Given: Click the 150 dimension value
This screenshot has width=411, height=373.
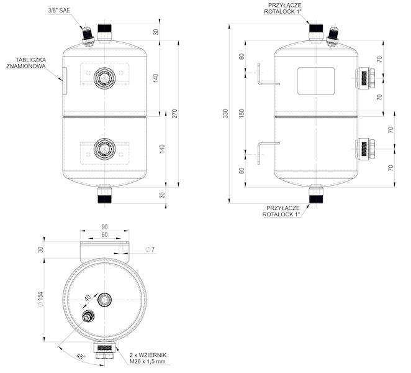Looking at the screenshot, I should (242, 113).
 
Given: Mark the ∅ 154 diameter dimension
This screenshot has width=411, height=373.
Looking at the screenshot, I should (42, 300).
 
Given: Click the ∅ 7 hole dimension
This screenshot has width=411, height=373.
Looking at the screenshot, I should (149, 249).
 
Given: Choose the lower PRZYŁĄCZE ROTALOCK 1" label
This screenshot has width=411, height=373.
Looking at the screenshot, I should (283, 211).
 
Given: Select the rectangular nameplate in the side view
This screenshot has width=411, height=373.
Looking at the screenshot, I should (316, 81).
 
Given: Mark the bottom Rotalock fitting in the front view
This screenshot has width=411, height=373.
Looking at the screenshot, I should (104, 196).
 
